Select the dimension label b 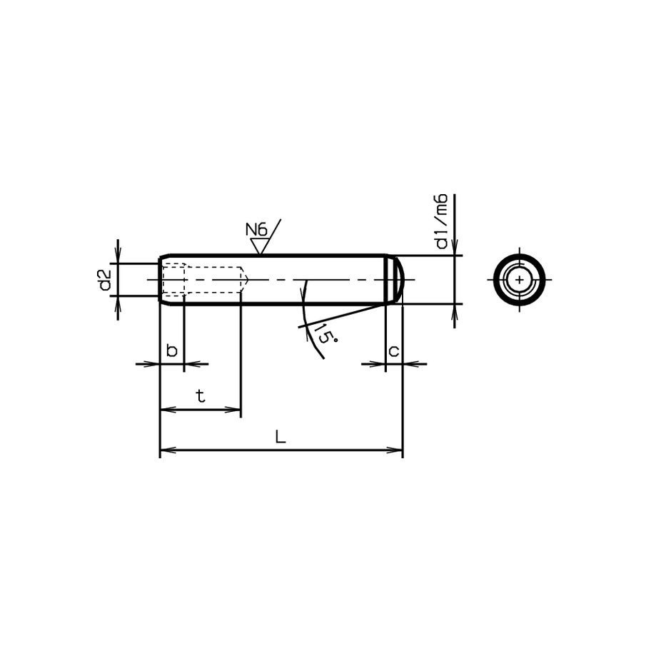[x=171, y=350]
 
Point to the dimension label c [x=393, y=350]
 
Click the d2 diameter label [x=104, y=280]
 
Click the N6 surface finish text [x=256, y=230]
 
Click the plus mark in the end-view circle [x=520, y=279]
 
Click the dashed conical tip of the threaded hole [x=244, y=279]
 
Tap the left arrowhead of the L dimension [x=163, y=450]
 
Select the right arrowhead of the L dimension [x=398, y=450]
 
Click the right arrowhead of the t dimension [x=236, y=410]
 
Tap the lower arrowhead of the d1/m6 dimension [x=454, y=308]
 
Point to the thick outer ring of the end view [x=520, y=256]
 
